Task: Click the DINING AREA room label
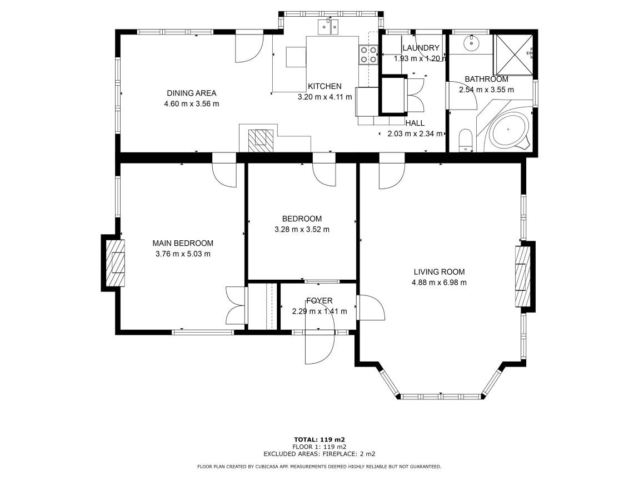[192, 93]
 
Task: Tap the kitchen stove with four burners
[368, 55]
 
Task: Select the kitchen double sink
[328, 27]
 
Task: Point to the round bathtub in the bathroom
[508, 130]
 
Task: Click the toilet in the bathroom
[465, 140]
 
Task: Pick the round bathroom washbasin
[472, 42]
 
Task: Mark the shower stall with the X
[513, 55]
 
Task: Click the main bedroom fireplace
[116, 263]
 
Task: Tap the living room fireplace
[523, 277]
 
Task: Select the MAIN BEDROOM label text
[183, 243]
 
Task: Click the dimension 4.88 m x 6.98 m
[440, 282]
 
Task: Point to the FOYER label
[319, 300]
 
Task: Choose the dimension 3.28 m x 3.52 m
[302, 229]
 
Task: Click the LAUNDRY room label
[421, 48]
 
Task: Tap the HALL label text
[415, 123]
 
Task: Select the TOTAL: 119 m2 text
[319, 439]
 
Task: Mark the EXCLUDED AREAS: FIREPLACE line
[319, 453]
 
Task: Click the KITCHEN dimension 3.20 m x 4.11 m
[325, 97]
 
